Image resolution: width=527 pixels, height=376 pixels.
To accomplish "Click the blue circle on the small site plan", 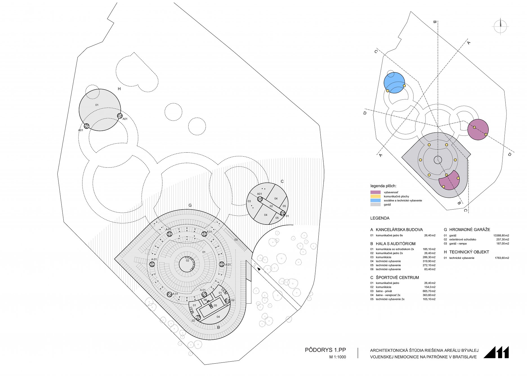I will (394, 83).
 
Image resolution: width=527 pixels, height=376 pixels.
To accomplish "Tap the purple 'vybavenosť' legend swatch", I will (375, 192).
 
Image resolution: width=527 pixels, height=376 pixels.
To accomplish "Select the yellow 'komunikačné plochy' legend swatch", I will (375, 196).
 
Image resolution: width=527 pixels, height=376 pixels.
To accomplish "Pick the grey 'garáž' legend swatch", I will (375, 204).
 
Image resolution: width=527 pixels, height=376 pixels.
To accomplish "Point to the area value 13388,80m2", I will (501, 235).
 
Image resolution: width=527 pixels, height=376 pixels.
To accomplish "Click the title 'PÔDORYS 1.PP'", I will (325, 350).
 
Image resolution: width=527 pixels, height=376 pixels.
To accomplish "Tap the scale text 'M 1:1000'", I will (338, 357).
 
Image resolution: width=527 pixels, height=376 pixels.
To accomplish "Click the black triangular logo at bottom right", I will (496, 352).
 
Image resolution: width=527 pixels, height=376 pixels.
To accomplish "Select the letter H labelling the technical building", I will (119, 89).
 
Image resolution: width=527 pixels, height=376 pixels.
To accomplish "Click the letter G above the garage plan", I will (190, 205).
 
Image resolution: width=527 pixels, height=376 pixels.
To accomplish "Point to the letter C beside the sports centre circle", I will (282, 181).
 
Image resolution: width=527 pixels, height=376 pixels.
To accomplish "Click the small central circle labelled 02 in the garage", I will (187, 264).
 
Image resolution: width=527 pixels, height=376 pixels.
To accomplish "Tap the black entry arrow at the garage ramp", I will (259, 269).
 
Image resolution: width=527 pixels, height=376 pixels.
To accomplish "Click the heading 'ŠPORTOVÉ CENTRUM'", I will (397, 277).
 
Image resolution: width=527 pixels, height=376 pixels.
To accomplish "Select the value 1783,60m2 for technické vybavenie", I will (502, 258).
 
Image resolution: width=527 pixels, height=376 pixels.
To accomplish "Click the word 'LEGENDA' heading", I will (380, 218).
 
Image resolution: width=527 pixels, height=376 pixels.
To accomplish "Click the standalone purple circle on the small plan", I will (478, 130).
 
